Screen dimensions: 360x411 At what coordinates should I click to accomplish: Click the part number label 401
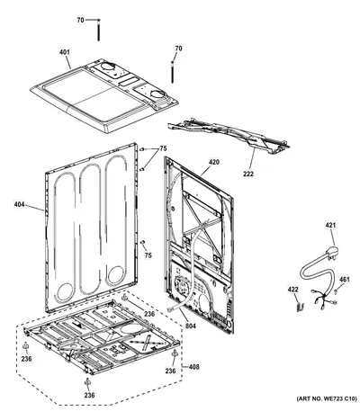pyautogui.click(x=64, y=52)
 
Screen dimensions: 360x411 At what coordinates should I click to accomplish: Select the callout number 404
pyautogui.click(x=19, y=205)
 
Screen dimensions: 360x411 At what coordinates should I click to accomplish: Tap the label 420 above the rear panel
pyautogui.click(x=214, y=162)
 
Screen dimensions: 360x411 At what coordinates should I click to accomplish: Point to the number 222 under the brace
pyautogui.click(x=248, y=174)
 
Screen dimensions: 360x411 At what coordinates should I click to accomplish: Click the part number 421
pyautogui.click(x=330, y=225)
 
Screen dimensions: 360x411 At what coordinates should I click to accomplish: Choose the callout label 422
pyautogui.click(x=293, y=290)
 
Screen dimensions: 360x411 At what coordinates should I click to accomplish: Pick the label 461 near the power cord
pyautogui.click(x=345, y=280)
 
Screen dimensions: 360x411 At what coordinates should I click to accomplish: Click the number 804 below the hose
pyautogui.click(x=190, y=326)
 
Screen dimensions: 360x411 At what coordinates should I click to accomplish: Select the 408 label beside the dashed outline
pyautogui.click(x=193, y=367)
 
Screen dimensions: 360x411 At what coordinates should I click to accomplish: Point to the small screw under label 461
pyautogui.click(x=337, y=290)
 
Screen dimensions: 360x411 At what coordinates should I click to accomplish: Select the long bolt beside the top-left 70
pyautogui.click(x=98, y=30)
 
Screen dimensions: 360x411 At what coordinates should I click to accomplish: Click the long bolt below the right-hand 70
pyautogui.click(x=173, y=72)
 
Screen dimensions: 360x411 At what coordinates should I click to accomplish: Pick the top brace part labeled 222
pyautogui.click(x=228, y=135)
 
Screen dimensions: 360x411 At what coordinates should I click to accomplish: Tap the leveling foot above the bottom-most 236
pyautogui.click(x=87, y=382)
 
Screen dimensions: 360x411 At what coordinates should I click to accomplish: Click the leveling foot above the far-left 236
pyautogui.click(x=26, y=346)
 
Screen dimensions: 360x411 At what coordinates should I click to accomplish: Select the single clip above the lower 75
pyautogui.click(x=143, y=241)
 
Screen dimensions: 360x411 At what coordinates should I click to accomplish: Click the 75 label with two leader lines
pyautogui.click(x=163, y=148)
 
